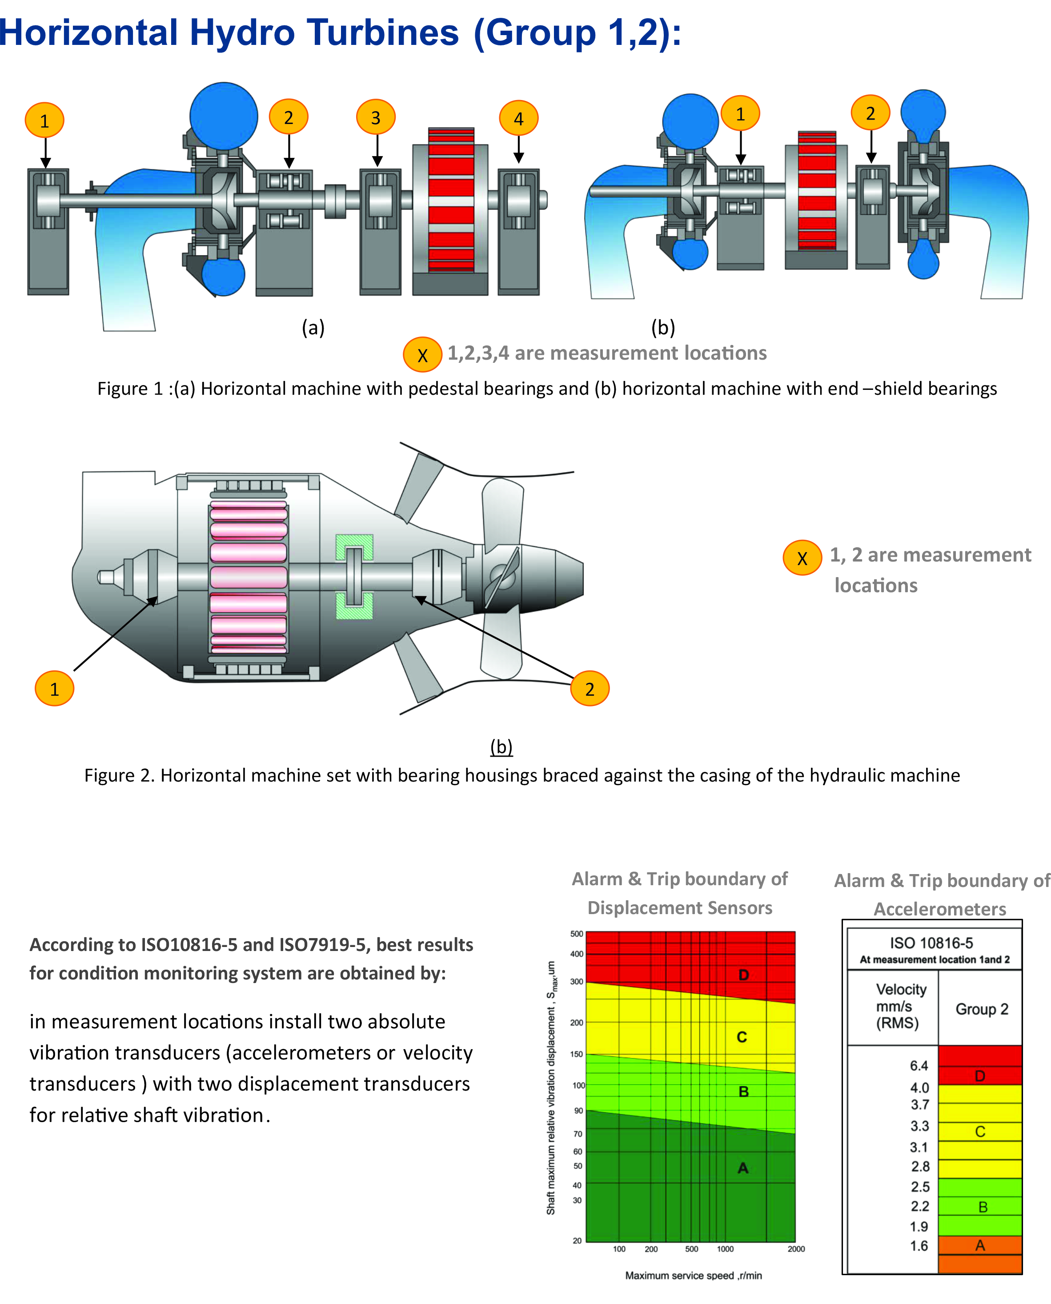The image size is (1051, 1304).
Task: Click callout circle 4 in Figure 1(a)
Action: [x=519, y=118]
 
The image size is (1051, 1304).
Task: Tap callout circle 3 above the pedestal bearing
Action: [x=376, y=117]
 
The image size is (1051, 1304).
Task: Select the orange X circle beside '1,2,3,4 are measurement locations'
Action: [x=423, y=354]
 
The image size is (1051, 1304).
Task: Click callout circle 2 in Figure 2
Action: [x=590, y=688]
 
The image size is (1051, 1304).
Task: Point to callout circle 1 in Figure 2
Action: [x=55, y=688]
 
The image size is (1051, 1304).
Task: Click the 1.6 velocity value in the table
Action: [x=919, y=1245]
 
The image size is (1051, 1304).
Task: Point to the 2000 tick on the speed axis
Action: [x=796, y=1249]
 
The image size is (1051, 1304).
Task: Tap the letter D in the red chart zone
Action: [x=744, y=975]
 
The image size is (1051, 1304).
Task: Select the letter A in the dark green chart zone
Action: [x=743, y=1168]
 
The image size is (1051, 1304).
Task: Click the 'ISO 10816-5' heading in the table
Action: [x=932, y=943]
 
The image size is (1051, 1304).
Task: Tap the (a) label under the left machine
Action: [x=313, y=328]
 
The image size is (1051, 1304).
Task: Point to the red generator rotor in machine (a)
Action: [x=451, y=200]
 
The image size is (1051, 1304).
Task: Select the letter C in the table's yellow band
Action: [x=980, y=1131]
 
